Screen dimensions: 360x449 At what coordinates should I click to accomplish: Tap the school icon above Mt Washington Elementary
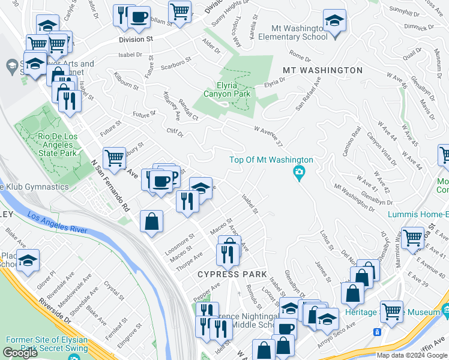[334, 20]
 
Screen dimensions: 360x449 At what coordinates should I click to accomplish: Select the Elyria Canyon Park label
[226, 89]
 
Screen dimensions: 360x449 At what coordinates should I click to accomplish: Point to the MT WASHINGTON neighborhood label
[322, 70]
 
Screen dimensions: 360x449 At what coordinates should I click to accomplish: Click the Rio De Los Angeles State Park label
[58, 145]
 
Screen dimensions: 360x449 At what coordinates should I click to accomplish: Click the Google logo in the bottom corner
[20, 352]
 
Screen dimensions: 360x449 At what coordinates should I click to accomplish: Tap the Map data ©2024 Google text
[412, 355]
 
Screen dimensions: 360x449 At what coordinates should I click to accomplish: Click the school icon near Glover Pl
[28, 260]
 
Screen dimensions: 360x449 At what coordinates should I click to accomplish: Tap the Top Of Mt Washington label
[271, 160]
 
